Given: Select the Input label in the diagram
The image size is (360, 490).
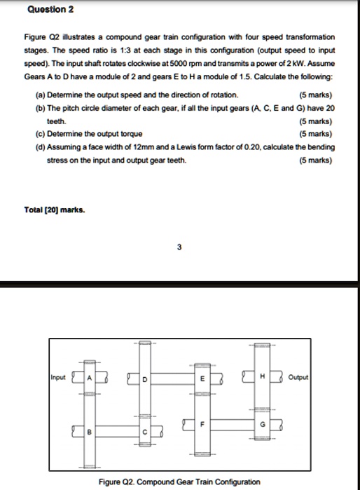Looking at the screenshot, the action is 58,377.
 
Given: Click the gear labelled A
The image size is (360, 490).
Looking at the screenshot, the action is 90,379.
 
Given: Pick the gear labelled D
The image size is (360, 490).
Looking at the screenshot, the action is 145,379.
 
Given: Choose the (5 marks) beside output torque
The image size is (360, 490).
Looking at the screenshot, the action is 315,133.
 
